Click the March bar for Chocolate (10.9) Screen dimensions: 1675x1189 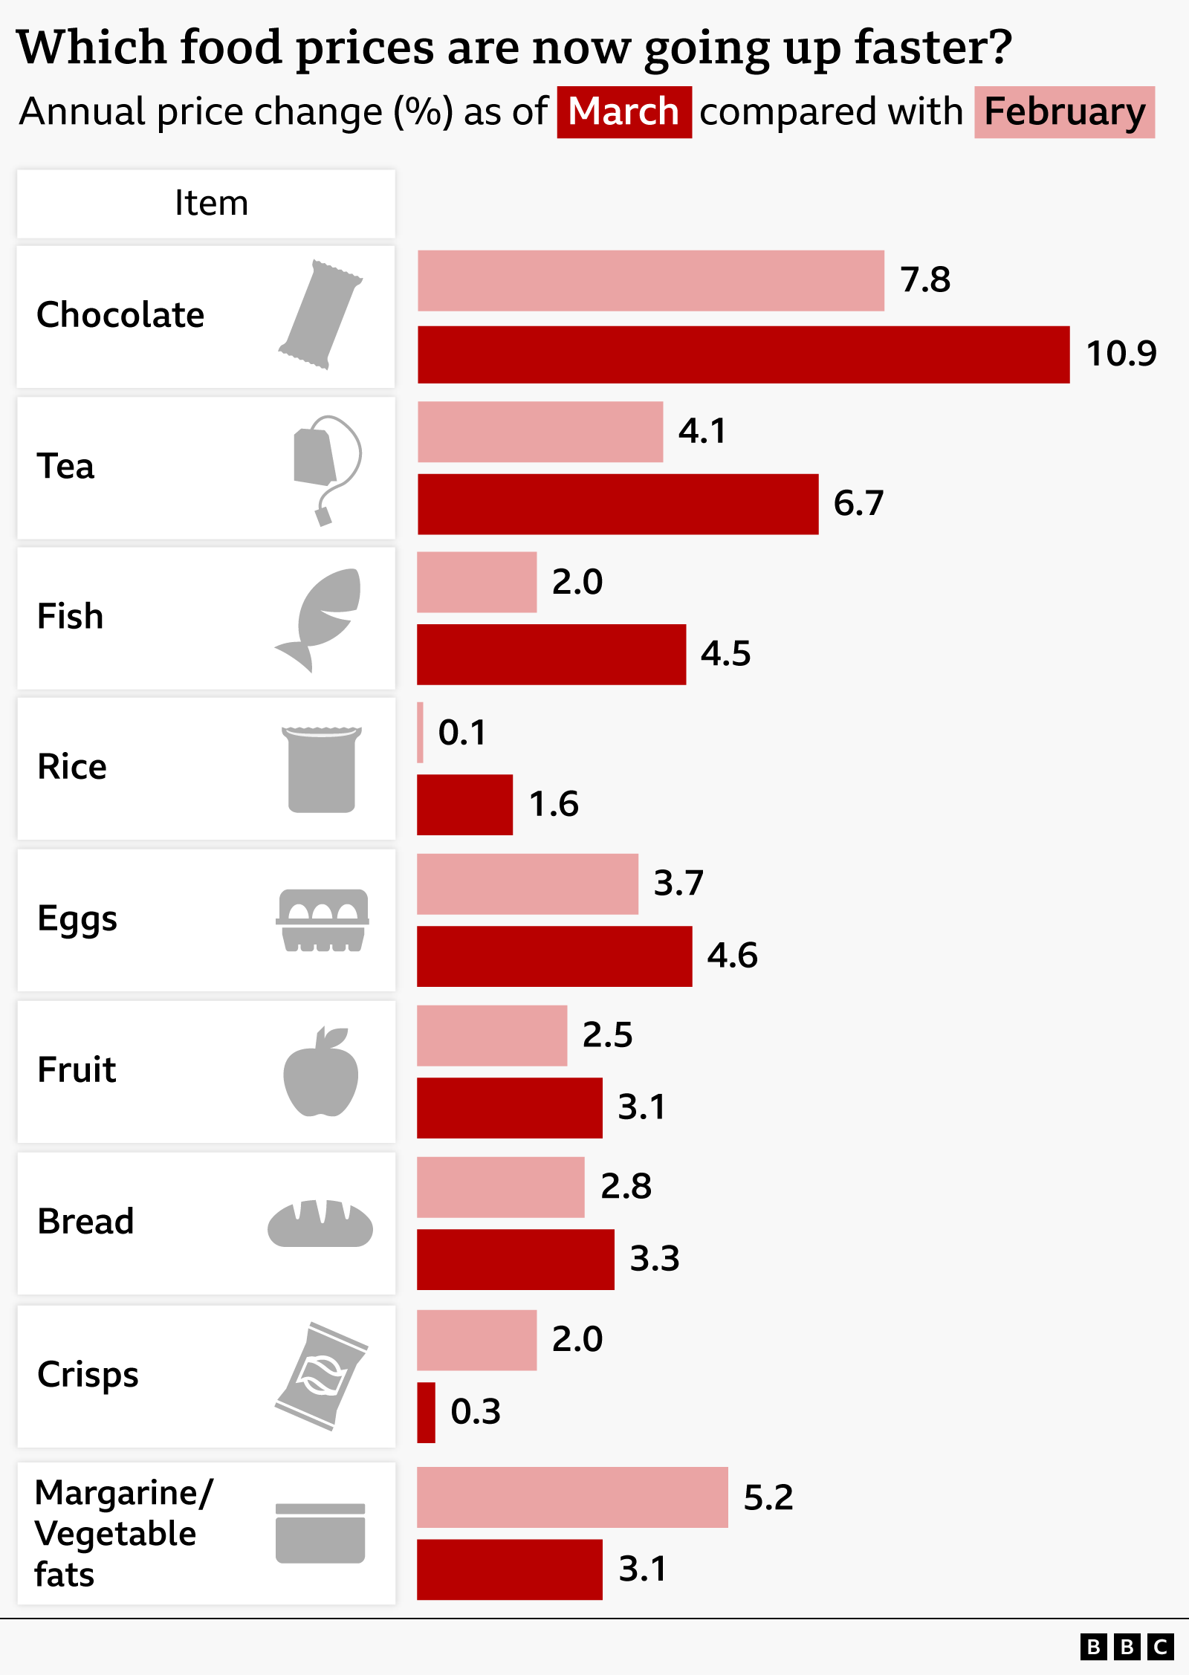pyautogui.click(x=743, y=354)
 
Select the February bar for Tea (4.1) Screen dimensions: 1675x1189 pyautogui.click(x=540, y=432)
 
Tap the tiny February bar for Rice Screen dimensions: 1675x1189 pyautogui.click(x=421, y=733)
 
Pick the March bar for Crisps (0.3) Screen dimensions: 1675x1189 pyautogui.click(x=426, y=1412)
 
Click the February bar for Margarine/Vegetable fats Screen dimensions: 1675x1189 pyautogui.click(x=572, y=1497)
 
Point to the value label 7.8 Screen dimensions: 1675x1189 pyautogui.click(x=925, y=280)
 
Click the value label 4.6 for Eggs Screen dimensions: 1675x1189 pyautogui.click(x=732, y=956)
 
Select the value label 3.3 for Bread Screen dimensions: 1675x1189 pyautogui.click(x=655, y=1258)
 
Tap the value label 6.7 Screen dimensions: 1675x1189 pyautogui.click(x=858, y=503)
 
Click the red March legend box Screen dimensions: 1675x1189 pyautogui.click(x=624, y=112)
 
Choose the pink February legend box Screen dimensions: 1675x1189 pyautogui.click(x=1064, y=112)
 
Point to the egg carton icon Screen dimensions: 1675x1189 pyautogui.click(x=323, y=920)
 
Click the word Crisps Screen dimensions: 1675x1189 pyautogui.click(x=88, y=1375)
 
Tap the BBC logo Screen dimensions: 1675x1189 pyautogui.click(x=1127, y=1647)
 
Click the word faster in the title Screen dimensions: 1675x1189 pyautogui.click(x=933, y=47)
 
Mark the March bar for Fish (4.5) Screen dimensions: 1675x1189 pyautogui.click(x=551, y=654)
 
